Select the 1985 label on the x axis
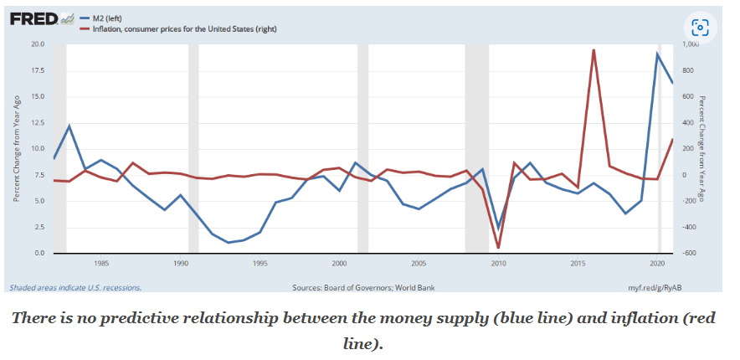click(x=101, y=263)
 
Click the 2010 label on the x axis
click(x=498, y=263)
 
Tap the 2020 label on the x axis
click(x=657, y=263)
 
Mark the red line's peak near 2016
click(x=594, y=49)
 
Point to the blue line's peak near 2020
click(x=657, y=54)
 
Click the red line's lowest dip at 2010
click(x=498, y=248)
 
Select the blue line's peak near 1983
click(x=69, y=126)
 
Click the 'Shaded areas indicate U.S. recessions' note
click(x=75, y=287)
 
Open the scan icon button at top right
click(x=700, y=26)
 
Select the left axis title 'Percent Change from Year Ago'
click(x=16, y=149)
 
